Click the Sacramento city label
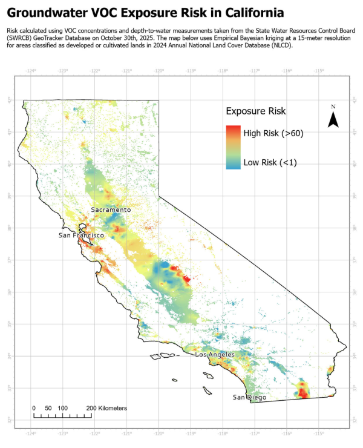(111, 209)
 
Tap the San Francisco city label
(82, 235)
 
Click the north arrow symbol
(333, 117)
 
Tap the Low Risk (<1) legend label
(270, 162)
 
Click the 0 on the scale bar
(33, 409)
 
